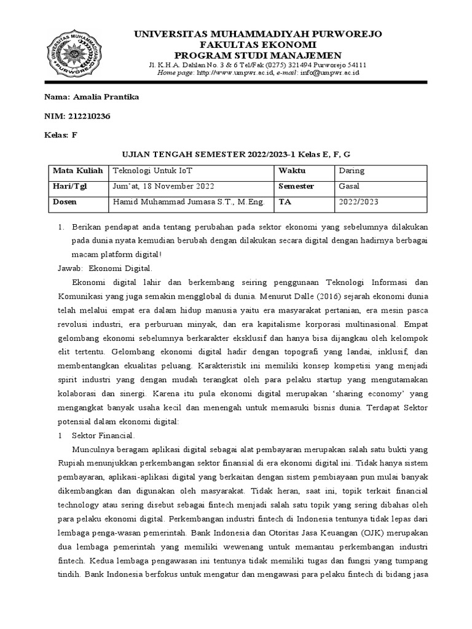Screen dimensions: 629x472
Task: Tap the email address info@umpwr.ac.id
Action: coord(329,72)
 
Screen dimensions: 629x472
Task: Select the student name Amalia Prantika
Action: coord(105,97)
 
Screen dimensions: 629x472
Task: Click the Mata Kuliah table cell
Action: coord(77,171)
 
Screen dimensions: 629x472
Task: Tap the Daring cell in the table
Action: coord(351,171)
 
